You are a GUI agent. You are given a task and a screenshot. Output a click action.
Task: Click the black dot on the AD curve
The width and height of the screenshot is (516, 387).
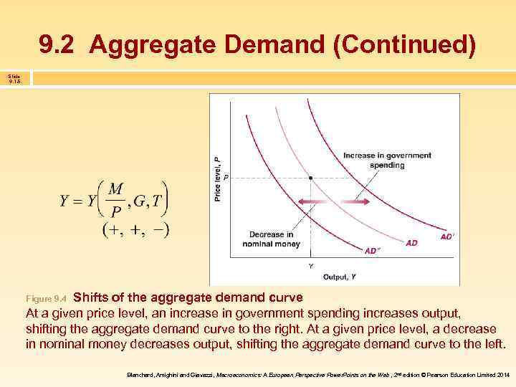(310, 177)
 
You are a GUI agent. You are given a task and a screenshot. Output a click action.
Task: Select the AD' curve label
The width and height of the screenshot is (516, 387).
(446, 236)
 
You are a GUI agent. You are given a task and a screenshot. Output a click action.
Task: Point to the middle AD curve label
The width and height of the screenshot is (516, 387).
(411, 243)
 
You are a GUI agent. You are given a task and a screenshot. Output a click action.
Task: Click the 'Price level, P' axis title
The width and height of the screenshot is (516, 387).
(217, 178)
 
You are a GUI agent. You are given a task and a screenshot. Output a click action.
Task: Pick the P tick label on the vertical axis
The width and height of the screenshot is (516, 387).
(226, 178)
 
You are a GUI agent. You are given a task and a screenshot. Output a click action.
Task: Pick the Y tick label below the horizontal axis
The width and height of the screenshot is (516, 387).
(310, 265)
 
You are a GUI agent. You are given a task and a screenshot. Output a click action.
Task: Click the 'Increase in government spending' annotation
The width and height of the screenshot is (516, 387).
(387, 160)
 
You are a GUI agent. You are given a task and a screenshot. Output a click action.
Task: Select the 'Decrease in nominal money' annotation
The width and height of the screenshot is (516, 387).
(271, 239)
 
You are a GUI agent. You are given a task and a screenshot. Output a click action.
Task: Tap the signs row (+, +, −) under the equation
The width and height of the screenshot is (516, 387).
(135, 230)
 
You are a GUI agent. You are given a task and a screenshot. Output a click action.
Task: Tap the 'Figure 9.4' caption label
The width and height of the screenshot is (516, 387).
(46, 297)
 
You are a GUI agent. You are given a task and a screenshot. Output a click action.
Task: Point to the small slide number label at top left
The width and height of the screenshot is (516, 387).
(14, 78)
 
